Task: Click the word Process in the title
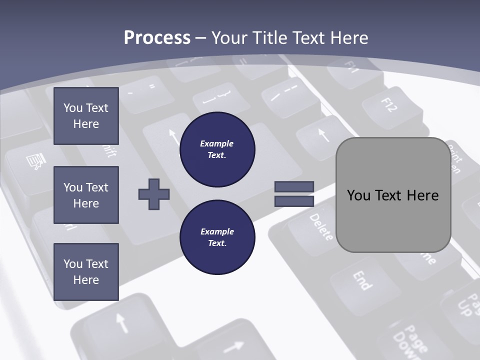(157, 37)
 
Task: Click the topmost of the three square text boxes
(86, 116)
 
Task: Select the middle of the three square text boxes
(86, 195)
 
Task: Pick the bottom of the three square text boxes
(86, 272)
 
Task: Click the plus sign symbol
(154, 194)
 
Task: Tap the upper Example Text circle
(217, 149)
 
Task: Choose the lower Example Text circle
(217, 237)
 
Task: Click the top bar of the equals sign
(294, 187)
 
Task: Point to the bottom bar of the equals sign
(294, 201)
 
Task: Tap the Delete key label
(320, 227)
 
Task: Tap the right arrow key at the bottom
(232, 345)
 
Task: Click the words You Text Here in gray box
(393, 195)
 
